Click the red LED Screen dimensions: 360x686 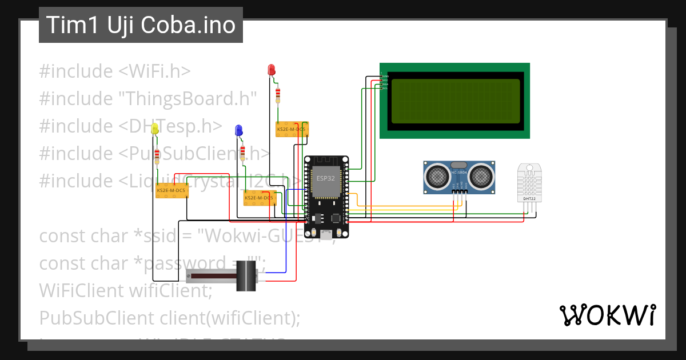click(272, 70)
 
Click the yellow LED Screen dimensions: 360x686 click(155, 130)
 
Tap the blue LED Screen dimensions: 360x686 click(238, 131)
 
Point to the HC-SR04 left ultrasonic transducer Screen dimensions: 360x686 click(438, 175)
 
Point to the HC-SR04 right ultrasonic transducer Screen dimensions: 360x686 click(481, 175)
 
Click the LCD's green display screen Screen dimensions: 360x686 click(455, 102)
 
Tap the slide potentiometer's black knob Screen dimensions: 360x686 click(246, 276)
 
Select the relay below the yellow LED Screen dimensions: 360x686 click(171, 190)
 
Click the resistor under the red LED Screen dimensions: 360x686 click(278, 94)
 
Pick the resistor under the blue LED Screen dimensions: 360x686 click(243, 153)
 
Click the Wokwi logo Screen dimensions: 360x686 click(607, 315)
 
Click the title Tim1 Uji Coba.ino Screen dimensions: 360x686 click(141, 25)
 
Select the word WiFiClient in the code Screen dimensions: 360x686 click(79, 290)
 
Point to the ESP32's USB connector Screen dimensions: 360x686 click(326, 234)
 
